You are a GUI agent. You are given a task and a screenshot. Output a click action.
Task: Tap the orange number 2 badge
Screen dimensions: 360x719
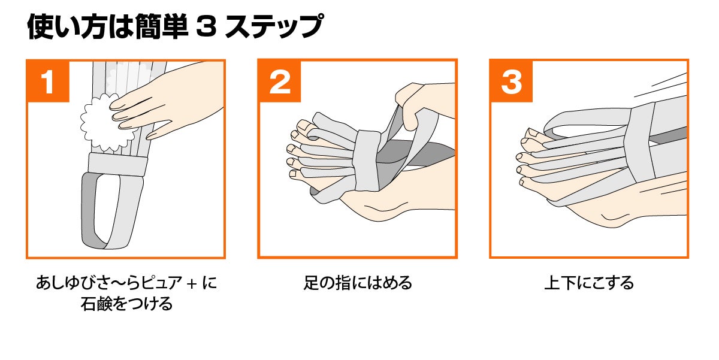pyautogui.click(x=279, y=82)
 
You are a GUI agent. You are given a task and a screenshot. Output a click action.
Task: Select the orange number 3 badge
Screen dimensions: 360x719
pyautogui.click(x=511, y=82)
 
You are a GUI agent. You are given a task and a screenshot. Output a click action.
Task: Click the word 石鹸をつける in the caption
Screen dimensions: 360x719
pyautogui.click(x=126, y=304)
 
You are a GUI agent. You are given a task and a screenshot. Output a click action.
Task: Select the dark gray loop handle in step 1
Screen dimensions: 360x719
pyautogui.click(x=89, y=210)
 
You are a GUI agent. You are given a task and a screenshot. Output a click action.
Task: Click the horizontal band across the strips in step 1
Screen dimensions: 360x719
pyautogui.click(x=117, y=164)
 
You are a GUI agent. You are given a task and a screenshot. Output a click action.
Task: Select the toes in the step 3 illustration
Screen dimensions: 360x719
pyautogui.click(x=527, y=156)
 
